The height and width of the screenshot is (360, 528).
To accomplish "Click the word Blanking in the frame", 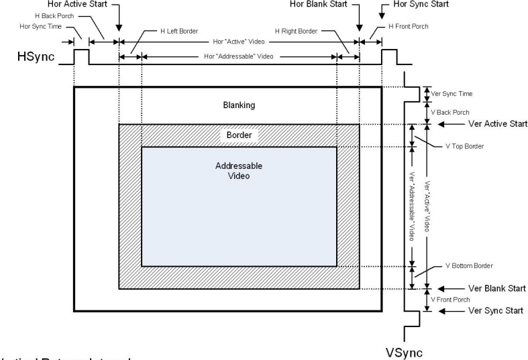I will [x=240, y=105].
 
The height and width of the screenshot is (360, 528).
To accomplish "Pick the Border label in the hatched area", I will [x=240, y=135].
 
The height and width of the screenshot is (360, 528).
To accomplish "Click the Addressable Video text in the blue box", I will [x=240, y=170].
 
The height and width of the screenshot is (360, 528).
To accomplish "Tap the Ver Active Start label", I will [x=478, y=125].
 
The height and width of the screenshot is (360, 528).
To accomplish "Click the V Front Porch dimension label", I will [x=450, y=298].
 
